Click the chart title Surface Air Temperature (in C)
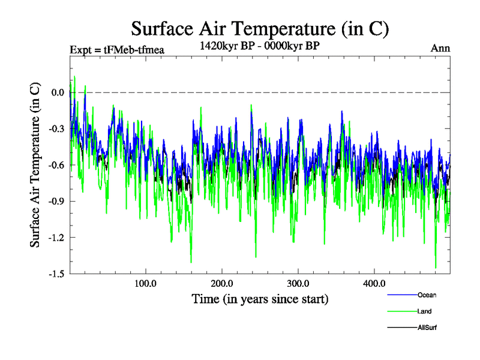(260, 28)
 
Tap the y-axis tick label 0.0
(58, 92)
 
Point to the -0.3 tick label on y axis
(56, 129)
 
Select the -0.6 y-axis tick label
(56, 165)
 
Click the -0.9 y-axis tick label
(56, 201)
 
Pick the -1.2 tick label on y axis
(56, 238)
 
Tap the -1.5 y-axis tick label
(56, 274)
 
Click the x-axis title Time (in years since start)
(260, 298)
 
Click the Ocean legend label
(427, 295)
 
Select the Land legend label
(425, 311)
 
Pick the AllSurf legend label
(428, 328)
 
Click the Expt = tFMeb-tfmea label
(117, 49)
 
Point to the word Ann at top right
(440, 49)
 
